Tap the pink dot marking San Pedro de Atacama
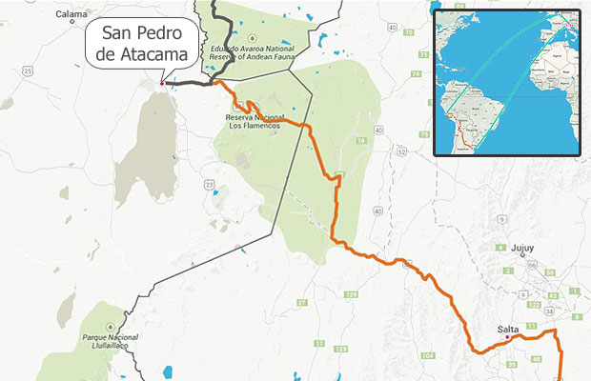(x=162, y=83)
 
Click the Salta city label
(x=508, y=330)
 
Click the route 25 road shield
(x=28, y=71)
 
